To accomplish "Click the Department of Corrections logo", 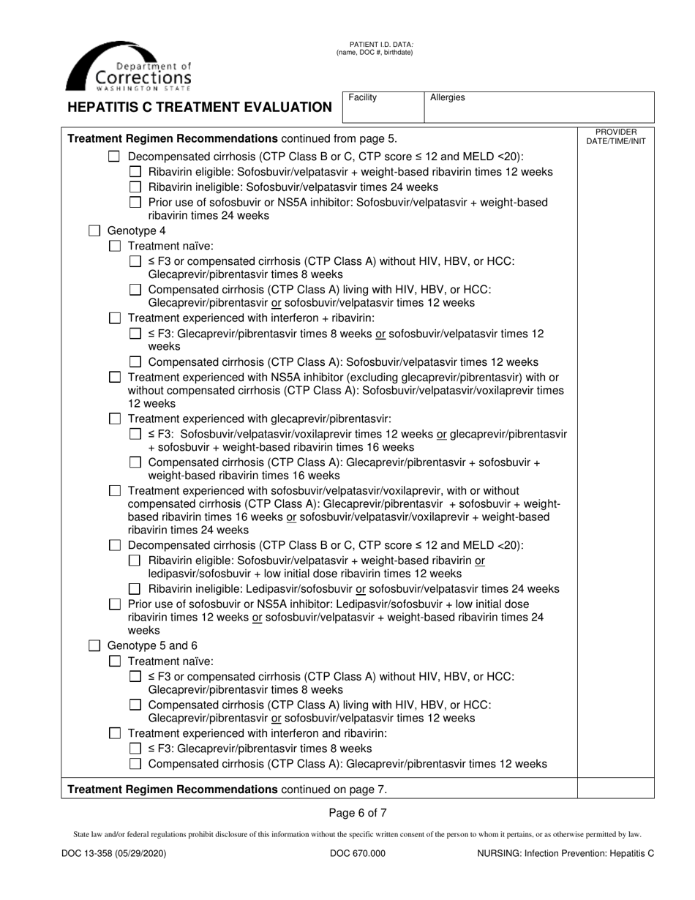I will pyautogui.click(x=129, y=66).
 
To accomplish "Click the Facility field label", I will pyautogui.click(x=362, y=98).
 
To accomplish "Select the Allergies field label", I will pyautogui.click(x=447, y=98).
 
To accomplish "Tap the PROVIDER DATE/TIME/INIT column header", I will pyautogui.click(x=616, y=137).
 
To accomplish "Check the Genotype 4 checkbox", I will pyautogui.click(x=94, y=231).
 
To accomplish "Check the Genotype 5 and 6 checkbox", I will pyautogui.click(x=94, y=646).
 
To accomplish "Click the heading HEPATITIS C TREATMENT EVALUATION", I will pyautogui.click(x=200, y=108).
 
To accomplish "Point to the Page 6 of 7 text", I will pyautogui.click(x=358, y=812).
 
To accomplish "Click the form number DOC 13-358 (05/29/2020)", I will pyautogui.click(x=113, y=853).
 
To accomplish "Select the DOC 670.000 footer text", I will pyautogui.click(x=358, y=853).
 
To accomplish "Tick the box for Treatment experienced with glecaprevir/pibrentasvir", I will pyautogui.click(x=114, y=419).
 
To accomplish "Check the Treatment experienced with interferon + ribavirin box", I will pyautogui.click(x=114, y=318).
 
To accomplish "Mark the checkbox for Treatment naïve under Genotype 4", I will pyautogui.click(x=114, y=247).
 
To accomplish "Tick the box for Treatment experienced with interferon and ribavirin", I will pyautogui.click(x=114, y=733).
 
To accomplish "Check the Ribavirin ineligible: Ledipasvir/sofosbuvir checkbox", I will pyautogui.click(x=135, y=589).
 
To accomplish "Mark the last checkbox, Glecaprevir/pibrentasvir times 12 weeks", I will pyautogui.click(x=135, y=764).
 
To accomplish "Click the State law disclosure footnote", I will pyautogui.click(x=358, y=834).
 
